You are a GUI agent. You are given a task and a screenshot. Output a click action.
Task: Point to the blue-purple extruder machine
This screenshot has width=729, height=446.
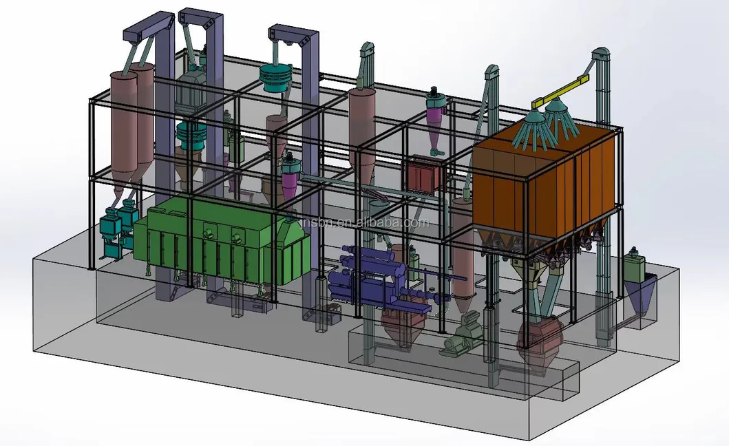[365, 275]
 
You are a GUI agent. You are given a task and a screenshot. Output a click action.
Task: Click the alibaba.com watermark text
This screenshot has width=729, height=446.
[372, 222]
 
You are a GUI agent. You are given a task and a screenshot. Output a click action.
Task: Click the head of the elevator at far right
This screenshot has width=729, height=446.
[601, 55]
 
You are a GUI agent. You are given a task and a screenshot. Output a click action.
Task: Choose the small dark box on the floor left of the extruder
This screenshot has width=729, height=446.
[330, 315]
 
